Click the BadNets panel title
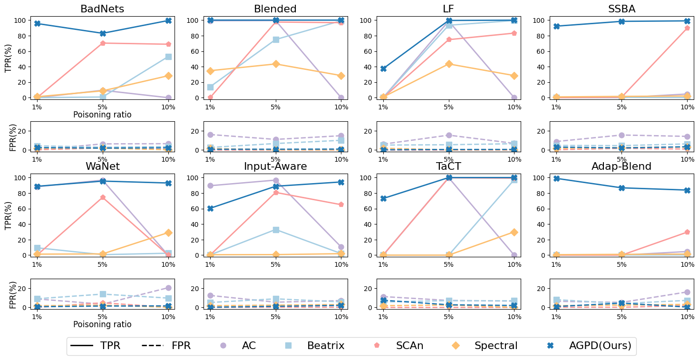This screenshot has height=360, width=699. coord(102,9)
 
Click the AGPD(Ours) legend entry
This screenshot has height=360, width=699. coord(600,346)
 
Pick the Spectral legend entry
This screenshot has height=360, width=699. coord(495,346)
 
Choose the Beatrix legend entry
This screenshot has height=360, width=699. coord(325,346)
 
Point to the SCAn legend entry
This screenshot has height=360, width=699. coord(409,346)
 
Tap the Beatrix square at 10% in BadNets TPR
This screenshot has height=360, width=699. coord(168,57)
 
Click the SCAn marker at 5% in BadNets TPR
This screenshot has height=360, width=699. coord(103,43)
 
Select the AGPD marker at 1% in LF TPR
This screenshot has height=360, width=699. coord(383,68)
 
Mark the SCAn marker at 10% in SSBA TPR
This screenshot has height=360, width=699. coord(687,28)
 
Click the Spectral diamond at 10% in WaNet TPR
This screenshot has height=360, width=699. coord(168,233)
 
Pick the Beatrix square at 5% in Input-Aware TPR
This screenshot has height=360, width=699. coord(275,230)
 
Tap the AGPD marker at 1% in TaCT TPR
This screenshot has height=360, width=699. coord(383,198)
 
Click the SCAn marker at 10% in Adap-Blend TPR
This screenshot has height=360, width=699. coord(687,232)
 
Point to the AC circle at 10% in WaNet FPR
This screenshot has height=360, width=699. coord(168,288)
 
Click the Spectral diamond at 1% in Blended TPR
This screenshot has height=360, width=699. coord(210,71)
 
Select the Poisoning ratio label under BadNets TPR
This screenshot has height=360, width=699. coord(102,115)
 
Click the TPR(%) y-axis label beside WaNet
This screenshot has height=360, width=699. coord(9,215)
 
